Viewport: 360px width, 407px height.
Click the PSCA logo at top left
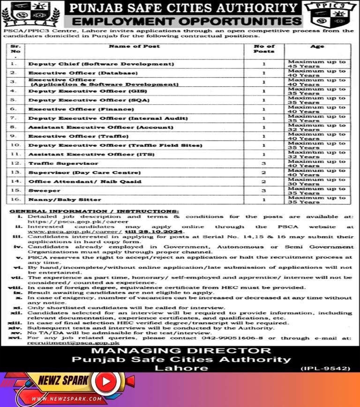pyautogui.click(x=30, y=14)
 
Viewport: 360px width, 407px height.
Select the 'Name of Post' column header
pyautogui.click(x=134, y=46)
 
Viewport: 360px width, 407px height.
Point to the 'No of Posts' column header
pyautogui.click(x=264, y=49)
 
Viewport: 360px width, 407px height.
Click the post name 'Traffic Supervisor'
pyautogui.click(x=63, y=163)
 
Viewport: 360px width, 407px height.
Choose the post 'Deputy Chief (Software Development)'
pyautogui.click(x=101, y=64)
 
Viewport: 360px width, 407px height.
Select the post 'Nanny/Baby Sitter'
pyautogui.click(x=58, y=200)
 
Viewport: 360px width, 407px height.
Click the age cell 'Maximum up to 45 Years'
pyautogui.click(x=317, y=64)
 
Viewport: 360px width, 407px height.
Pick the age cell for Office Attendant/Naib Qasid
pyautogui.click(x=317, y=182)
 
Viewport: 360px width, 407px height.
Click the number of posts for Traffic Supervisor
pyautogui.click(x=264, y=163)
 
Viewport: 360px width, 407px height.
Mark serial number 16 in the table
pyautogui.click(x=15, y=200)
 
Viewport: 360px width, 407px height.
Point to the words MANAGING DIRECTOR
pyautogui.click(x=180, y=351)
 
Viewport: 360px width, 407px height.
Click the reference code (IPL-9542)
pyautogui.click(x=325, y=368)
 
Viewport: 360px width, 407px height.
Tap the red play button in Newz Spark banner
pyautogui.click(x=106, y=382)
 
